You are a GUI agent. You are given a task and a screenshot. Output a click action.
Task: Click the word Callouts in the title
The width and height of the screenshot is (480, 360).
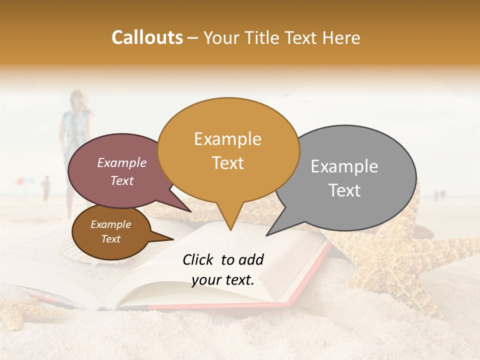pyautogui.click(x=147, y=37)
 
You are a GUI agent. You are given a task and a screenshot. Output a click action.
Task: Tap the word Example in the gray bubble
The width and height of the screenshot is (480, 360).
pyautogui.click(x=344, y=166)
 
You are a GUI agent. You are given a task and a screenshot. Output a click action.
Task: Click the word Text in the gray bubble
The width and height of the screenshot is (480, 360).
pyautogui.click(x=344, y=190)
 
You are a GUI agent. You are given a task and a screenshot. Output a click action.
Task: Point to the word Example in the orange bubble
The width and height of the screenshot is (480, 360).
pyautogui.click(x=227, y=139)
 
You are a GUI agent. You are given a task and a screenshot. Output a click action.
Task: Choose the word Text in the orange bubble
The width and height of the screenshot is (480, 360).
pyautogui.click(x=227, y=163)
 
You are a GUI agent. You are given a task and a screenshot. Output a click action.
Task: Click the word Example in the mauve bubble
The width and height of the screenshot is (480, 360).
pyautogui.click(x=121, y=162)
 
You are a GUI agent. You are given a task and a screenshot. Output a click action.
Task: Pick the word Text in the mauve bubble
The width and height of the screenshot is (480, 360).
pyautogui.click(x=121, y=180)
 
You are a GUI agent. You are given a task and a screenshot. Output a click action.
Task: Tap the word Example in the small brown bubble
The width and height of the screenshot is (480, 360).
pyautogui.click(x=110, y=224)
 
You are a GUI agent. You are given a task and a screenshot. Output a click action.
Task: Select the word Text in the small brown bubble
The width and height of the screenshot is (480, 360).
pyautogui.click(x=110, y=239)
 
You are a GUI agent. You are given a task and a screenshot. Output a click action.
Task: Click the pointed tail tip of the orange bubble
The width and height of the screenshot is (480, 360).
pyautogui.click(x=230, y=230)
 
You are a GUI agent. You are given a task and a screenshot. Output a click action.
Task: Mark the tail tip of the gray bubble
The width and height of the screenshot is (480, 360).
pyautogui.click(x=266, y=235)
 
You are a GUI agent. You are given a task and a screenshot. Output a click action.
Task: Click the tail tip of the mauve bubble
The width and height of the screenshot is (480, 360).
pyautogui.click(x=191, y=211)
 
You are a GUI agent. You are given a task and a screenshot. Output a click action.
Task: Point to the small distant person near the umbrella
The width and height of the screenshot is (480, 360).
pyautogui.click(x=46, y=187)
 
